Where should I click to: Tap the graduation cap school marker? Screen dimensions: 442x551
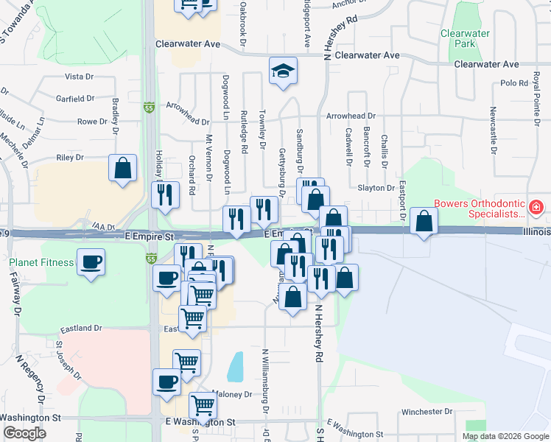coord(282,71)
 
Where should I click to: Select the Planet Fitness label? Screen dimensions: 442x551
coord(41,262)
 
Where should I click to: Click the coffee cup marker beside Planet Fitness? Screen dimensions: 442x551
coord(91,262)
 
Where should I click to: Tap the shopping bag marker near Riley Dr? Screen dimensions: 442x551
coord(122,167)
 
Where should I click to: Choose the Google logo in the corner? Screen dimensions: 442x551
coord(24,433)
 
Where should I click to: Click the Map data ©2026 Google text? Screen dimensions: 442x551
coord(505,436)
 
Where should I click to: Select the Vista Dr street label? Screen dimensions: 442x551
coord(80,76)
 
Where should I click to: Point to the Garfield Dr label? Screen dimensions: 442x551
coord(75,98)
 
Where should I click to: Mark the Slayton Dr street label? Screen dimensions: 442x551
coord(376,188)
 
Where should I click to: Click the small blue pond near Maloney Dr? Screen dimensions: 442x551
coord(236,366)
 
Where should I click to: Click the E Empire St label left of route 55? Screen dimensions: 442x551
coord(148,237)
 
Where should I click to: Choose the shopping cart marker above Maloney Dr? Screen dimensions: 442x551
coord(186,362)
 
